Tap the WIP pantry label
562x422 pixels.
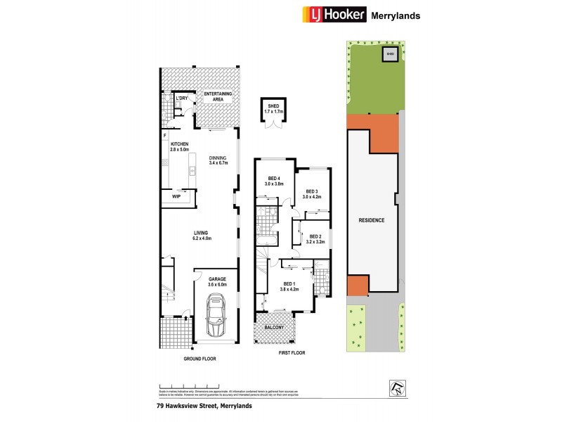[x=177, y=197]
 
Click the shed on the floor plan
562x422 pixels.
[x=271, y=110]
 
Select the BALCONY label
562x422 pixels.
[x=275, y=328]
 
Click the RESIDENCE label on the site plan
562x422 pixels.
[x=372, y=220]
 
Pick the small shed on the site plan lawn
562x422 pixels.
[x=390, y=53]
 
